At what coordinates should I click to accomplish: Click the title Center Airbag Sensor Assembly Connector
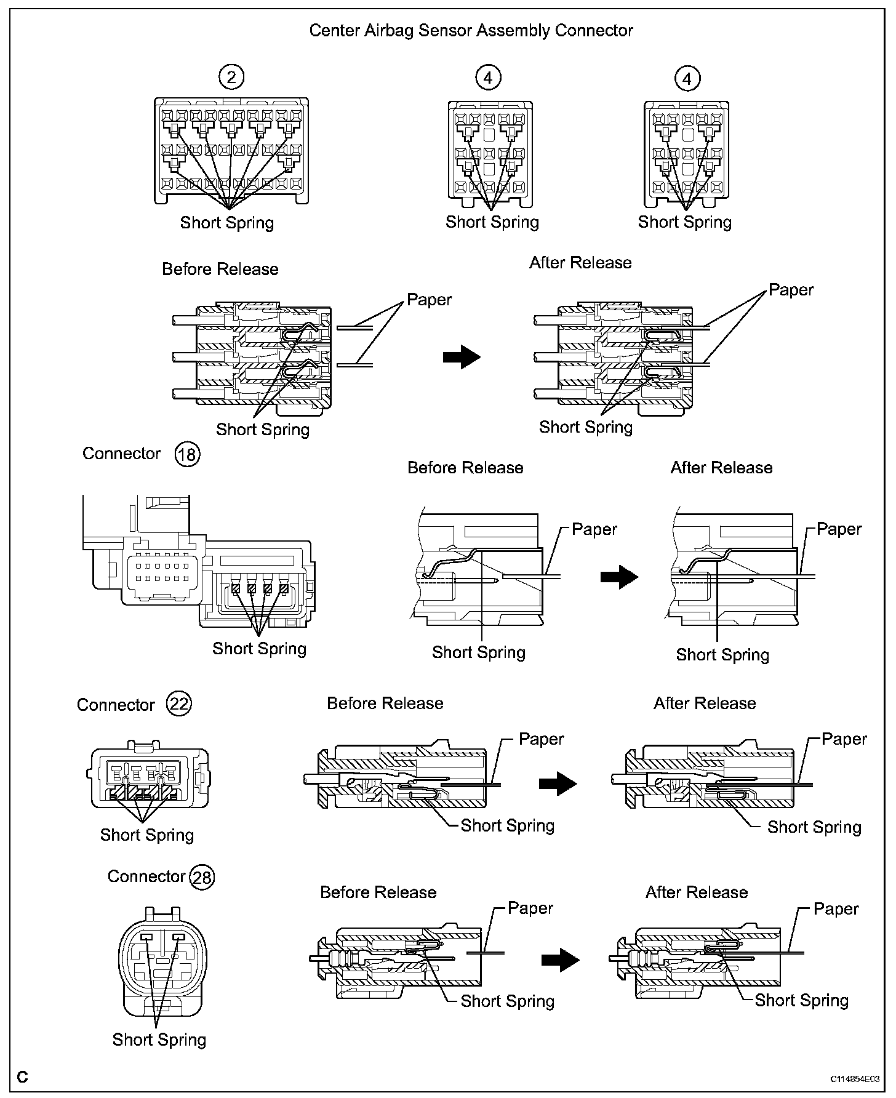click(x=471, y=31)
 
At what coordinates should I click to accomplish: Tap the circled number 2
click(x=231, y=77)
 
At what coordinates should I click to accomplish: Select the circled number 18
click(x=188, y=454)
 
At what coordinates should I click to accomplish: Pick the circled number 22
click(x=179, y=703)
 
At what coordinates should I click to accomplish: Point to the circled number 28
click(x=202, y=877)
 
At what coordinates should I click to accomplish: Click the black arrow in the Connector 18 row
click(x=619, y=577)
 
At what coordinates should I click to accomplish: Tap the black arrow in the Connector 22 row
click(x=558, y=783)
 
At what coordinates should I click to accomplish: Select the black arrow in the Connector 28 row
click(x=560, y=960)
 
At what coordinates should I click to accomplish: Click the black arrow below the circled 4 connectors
click(x=462, y=356)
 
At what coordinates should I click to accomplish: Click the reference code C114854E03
click(x=854, y=1079)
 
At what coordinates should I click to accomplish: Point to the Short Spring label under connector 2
click(x=226, y=223)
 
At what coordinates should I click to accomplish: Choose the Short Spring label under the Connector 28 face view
click(x=159, y=1040)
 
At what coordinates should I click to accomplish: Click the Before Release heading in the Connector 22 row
click(x=385, y=703)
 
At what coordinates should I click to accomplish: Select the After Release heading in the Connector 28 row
click(x=696, y=892)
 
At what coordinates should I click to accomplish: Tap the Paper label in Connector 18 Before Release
click(x=594, y=529)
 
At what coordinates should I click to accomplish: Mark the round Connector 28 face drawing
click(x=162, y=963)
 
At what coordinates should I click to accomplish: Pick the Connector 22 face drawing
click(x=150, y=777)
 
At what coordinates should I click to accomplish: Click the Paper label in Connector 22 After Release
click(x=844, y=739)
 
